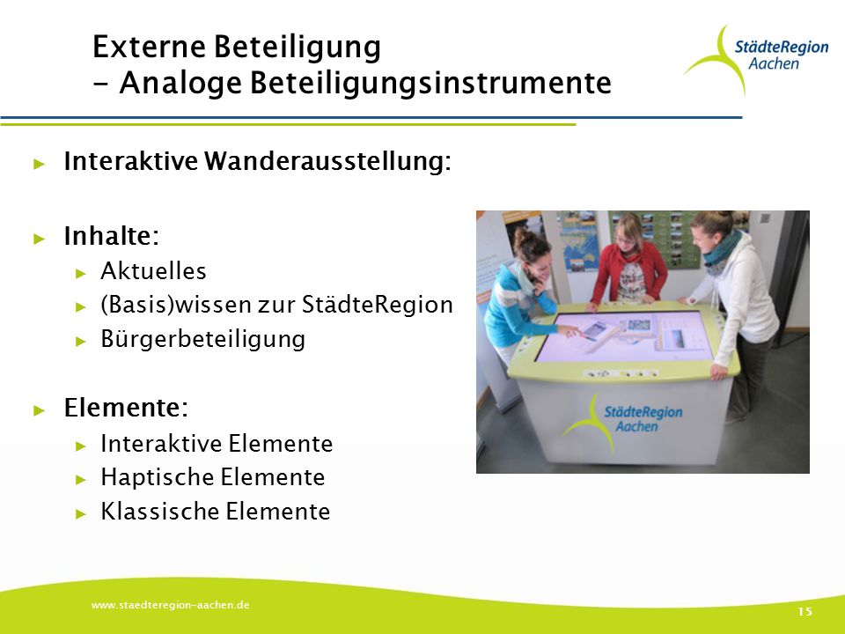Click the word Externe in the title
[149, 47]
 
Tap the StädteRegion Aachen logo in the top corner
[757, 59]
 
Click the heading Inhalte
[112, 236]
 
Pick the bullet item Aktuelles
[153, 270]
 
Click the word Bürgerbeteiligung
[202, 340]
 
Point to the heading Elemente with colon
[126, 408]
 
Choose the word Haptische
[158, 477]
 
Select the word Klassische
[159, 511]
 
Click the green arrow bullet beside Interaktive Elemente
[81, 446]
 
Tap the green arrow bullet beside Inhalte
[39, 239]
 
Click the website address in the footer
[170, 605]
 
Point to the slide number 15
[805, 611]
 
